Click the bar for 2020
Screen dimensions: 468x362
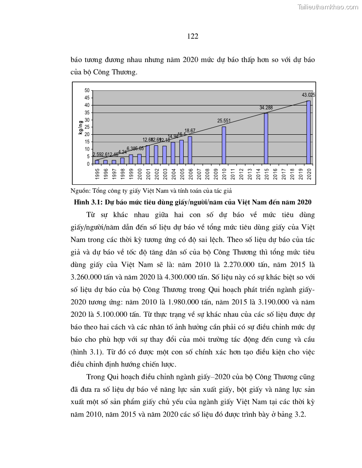(308, 132)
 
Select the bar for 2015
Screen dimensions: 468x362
(266, 138)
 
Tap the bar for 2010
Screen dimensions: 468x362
(224, 145)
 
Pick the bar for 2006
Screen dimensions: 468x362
(190, 150)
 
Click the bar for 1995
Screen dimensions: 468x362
(97, 162)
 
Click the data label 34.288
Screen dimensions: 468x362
(266, 108)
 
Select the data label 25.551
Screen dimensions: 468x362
(224, 121)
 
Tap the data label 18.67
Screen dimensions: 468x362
(190, 131)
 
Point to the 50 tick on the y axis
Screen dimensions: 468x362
(87, 90)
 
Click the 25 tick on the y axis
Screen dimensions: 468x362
(87, 127)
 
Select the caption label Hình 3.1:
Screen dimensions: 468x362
(88, 202)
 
